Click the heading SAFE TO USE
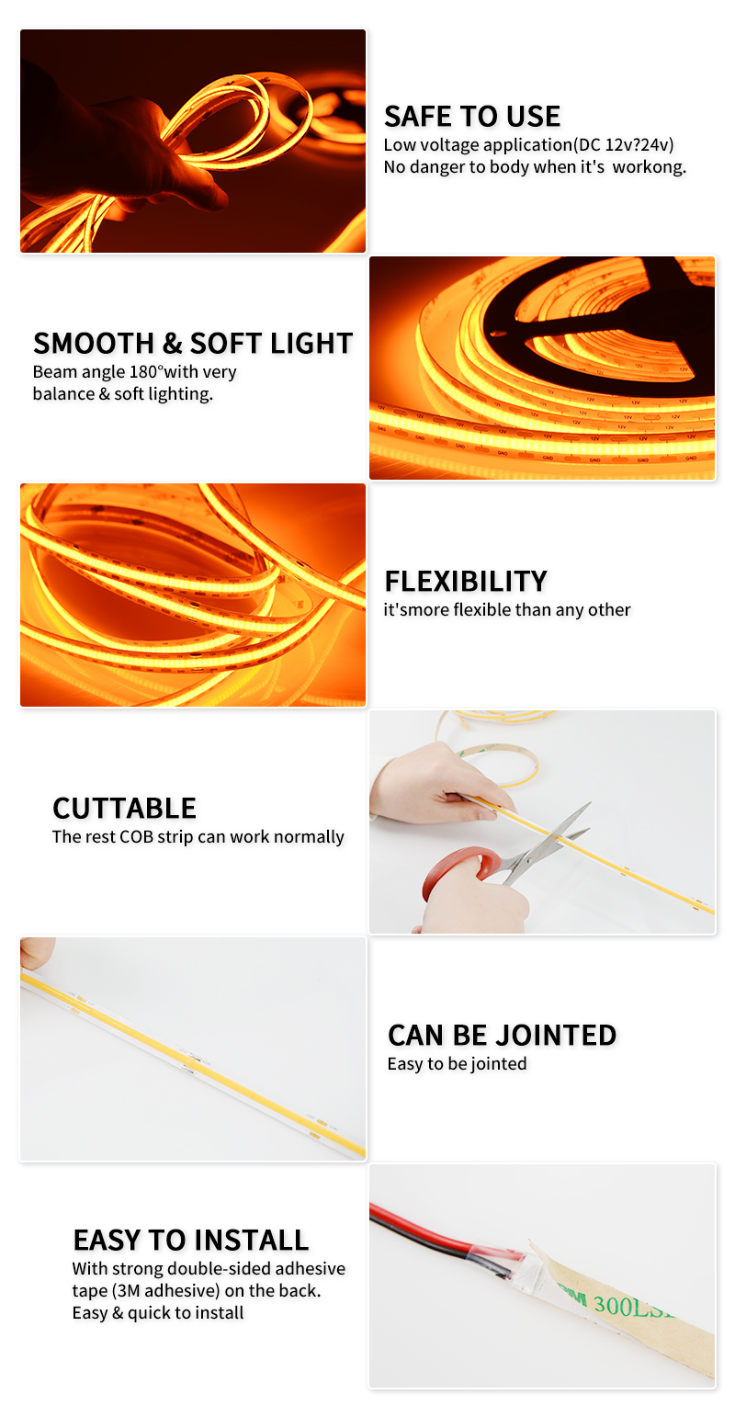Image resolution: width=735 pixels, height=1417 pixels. click(x=471, y=117)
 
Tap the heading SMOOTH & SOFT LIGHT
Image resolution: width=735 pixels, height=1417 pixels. click(x=193, y=344)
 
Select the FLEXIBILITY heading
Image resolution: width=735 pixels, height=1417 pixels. click(x=466, y=582)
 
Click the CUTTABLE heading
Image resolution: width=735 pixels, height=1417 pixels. click(x=124, y=809)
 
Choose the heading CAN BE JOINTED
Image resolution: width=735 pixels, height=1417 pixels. click(x=502, y=1036)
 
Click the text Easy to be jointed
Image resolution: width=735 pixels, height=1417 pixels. click(x=457, y=1064)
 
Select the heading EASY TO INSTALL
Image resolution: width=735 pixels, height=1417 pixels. click(x=190, y=1241)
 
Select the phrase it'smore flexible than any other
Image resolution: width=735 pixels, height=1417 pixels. click(x=507, y=610)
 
